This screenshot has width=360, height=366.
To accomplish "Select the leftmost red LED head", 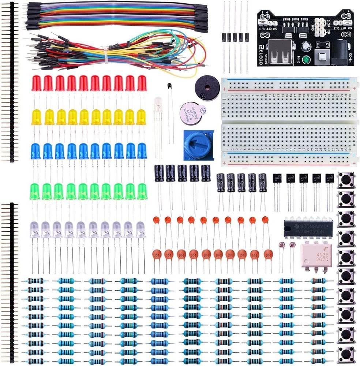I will coord(36,83).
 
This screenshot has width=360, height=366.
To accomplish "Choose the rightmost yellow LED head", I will coord(141,117).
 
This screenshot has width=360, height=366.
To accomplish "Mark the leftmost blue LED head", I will coord(35,151).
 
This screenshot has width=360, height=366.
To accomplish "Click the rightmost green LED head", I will coord(142,191).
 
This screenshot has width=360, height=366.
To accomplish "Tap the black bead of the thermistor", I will coord(169,86).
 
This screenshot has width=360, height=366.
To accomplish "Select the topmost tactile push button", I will coord(346,180).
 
